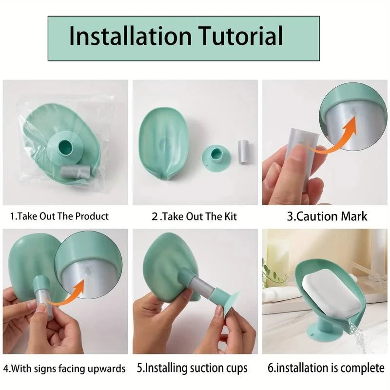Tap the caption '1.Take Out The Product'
(x=59, y=216)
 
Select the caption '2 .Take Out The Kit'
(x=194, y=216)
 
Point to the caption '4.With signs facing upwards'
(x=64, y=368)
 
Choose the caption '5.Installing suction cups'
(x=197, y=368)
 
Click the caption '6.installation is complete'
(x=326, y=368)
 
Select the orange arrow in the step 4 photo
(x=73, y=292)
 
